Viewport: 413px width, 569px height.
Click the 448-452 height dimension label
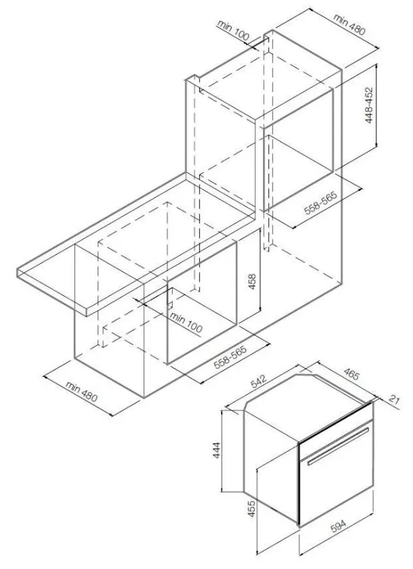[x=369, y=105]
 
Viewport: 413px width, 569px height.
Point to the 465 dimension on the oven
[x=351, y=375]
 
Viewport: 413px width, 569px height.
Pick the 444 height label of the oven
[x=217, y=450]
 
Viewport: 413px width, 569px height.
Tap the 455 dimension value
[x=251, y=509]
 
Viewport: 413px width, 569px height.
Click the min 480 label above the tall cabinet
[x=349, y=24]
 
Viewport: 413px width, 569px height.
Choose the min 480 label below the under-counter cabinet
[x=82, y=391]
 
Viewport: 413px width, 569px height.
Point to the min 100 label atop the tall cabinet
[x=234, y=30]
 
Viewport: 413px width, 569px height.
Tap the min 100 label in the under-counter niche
[x=186, y=323]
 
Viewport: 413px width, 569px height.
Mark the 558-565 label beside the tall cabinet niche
[x=321, y=202]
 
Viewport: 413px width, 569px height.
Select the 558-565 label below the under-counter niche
[x=230, y=357]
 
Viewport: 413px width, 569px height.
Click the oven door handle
[x=338, y=446]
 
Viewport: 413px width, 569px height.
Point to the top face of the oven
[x=309, y=406]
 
